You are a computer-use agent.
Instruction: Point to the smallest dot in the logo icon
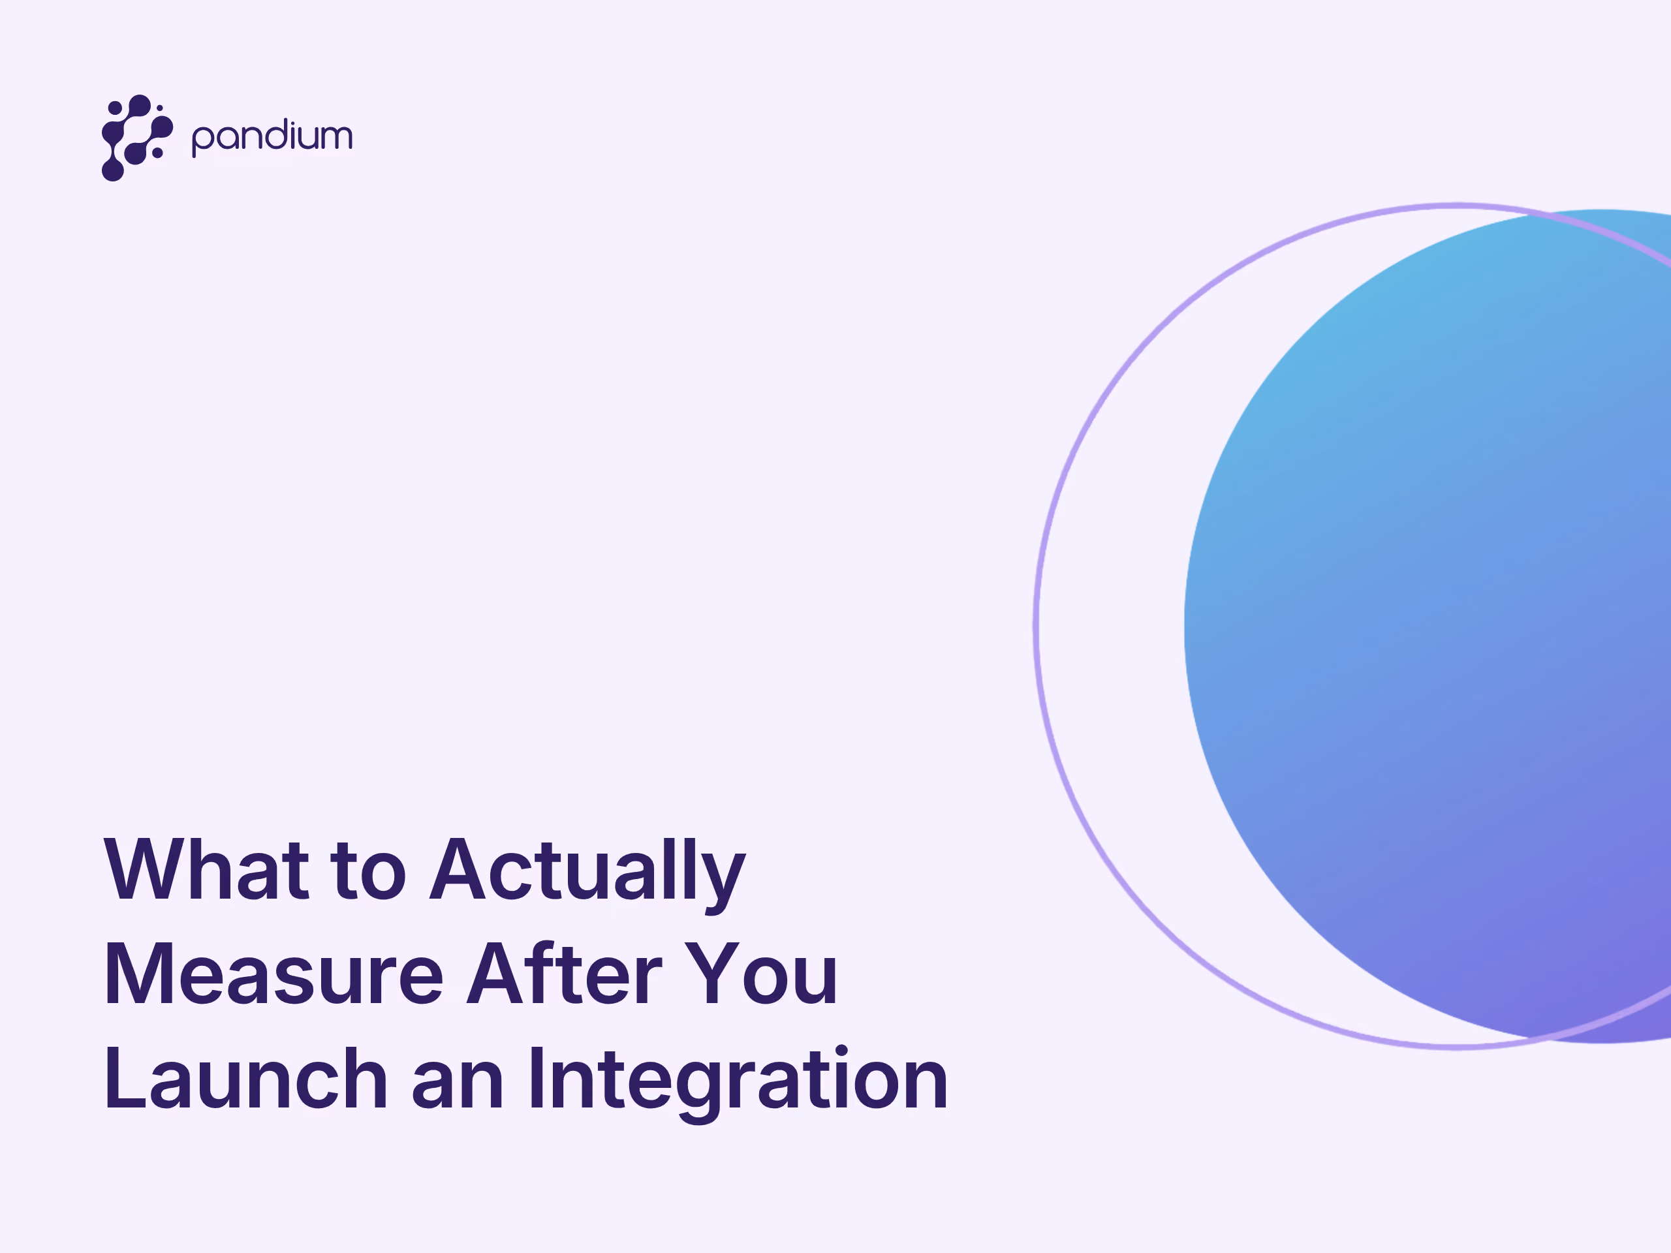tap(159, 108)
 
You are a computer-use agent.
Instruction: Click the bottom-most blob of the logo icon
tap(112, 170)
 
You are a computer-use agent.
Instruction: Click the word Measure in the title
tap(273, 974)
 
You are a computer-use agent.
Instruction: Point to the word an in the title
tap(458, 1085)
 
